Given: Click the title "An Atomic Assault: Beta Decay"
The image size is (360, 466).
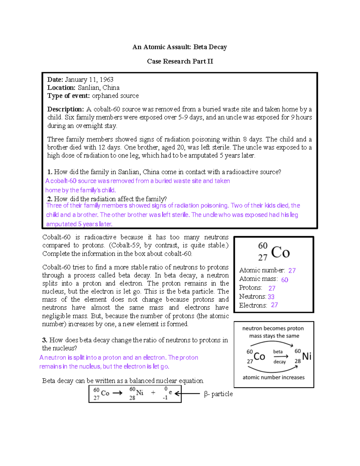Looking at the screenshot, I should [x=180, y=47].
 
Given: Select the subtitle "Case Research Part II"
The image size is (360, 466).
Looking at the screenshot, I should [x=180, y=61].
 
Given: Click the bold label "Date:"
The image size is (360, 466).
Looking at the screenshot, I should [x=55, y=80].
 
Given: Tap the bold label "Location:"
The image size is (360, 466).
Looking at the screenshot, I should [x=61, y=88].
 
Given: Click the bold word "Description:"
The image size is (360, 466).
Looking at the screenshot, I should [x=65, y=109].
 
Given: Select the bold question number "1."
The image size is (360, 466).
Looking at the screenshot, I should [x=50, y=172].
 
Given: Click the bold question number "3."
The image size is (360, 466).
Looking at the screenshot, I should [x=45, y=340].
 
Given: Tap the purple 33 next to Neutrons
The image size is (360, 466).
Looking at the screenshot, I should [x=271, y=297].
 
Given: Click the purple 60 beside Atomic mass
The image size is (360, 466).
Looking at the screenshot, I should [x=285, y=280].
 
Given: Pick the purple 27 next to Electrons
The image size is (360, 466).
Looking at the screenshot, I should [x=274, y=305].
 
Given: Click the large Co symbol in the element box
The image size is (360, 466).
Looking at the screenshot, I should [x=280, y=252].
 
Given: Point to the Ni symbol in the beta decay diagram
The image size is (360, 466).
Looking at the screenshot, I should [x=307, y=356].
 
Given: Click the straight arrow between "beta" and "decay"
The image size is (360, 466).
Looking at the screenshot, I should [x=281, y=356].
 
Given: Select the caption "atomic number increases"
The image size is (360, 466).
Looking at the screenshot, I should [x=273, y=377].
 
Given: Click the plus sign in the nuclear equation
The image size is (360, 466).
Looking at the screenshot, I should [x=153, y=392].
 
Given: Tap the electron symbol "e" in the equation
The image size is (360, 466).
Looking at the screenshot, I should [x=170, y=392].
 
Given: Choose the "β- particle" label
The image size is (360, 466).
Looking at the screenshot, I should [x=218, y=394].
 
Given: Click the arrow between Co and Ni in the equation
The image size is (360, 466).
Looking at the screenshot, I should [x=117, y=393].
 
